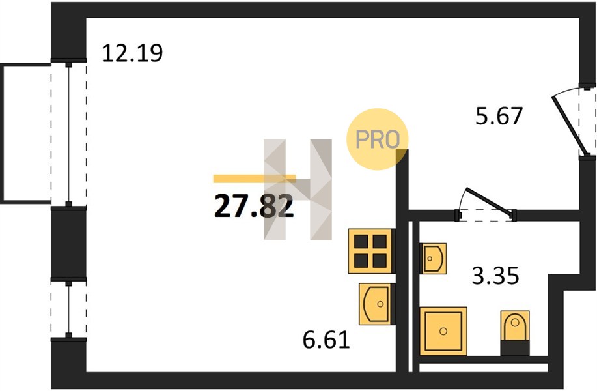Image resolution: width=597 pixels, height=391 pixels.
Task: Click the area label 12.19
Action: click(132, 53)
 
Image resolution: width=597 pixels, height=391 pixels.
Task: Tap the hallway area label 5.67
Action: click(499, 116)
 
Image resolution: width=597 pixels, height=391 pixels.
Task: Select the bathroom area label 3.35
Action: click(495, 276)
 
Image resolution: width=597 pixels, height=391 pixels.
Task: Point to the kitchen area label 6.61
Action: click(326, 340)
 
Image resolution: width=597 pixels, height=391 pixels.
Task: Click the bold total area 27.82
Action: click(254, 206)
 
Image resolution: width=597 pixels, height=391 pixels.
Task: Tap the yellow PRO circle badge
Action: click(377, 139)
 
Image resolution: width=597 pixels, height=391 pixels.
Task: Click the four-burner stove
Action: click(371, 251)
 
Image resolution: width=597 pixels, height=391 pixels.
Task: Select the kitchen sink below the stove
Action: click(376, 304)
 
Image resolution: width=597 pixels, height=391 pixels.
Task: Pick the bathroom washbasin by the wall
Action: click(433, 258)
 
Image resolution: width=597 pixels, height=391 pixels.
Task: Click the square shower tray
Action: click(443, 331)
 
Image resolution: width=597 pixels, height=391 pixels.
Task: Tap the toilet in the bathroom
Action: click(515, 333)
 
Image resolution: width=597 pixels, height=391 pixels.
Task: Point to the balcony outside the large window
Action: click(25, 134)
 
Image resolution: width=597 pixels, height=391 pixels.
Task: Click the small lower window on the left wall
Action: click(68, 309)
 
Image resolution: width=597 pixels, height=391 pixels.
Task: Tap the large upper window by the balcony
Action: click(68, 134)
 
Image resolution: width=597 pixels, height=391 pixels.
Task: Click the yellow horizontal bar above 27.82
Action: click(255, 179)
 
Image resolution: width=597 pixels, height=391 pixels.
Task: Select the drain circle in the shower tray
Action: click(443, 331)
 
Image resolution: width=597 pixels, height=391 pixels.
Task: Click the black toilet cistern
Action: click(515, 347)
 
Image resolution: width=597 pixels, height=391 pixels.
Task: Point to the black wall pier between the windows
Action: click(68, 244)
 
